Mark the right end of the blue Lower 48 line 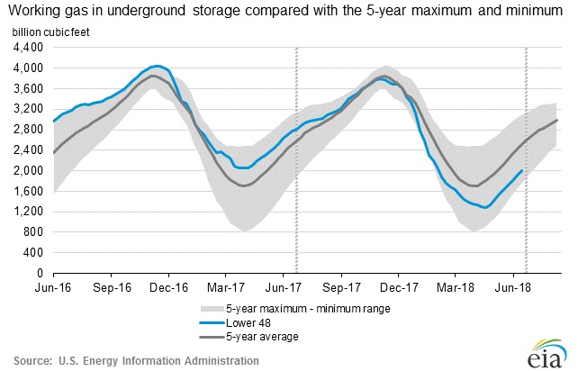click(523, 170)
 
